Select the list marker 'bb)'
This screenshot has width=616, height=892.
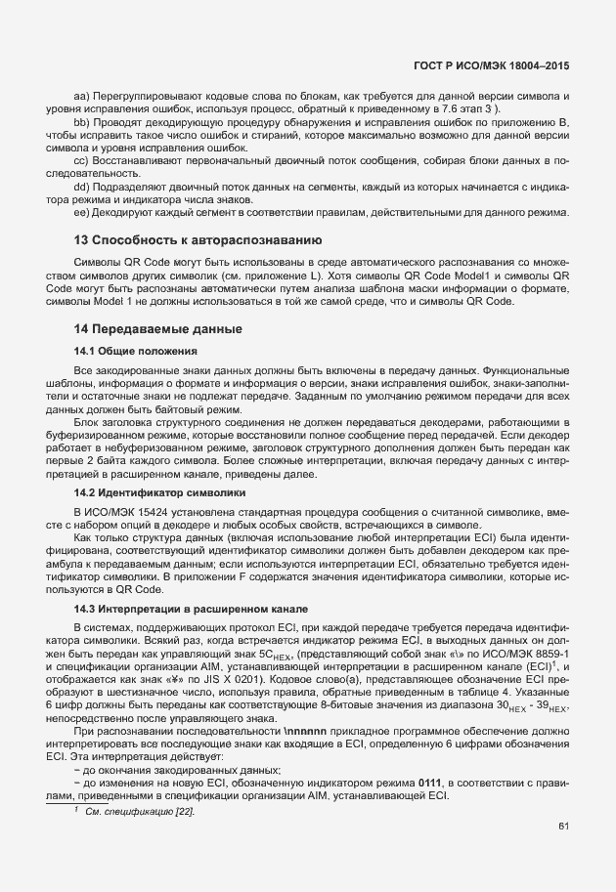coord(82,121)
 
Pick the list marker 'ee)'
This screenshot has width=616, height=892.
coord(82,212)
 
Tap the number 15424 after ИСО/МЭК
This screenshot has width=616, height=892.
coord(147,511)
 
